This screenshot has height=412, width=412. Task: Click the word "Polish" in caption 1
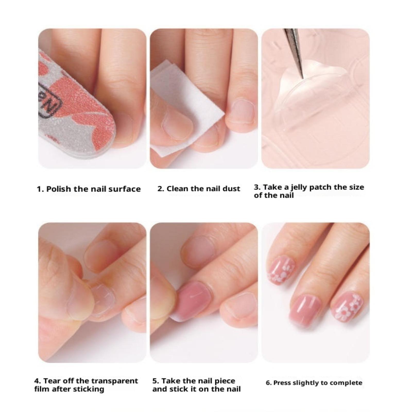pyautogui.click(x=58, y=189)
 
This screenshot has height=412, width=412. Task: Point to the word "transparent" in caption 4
pyautogui.click(x=114, y=381)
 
